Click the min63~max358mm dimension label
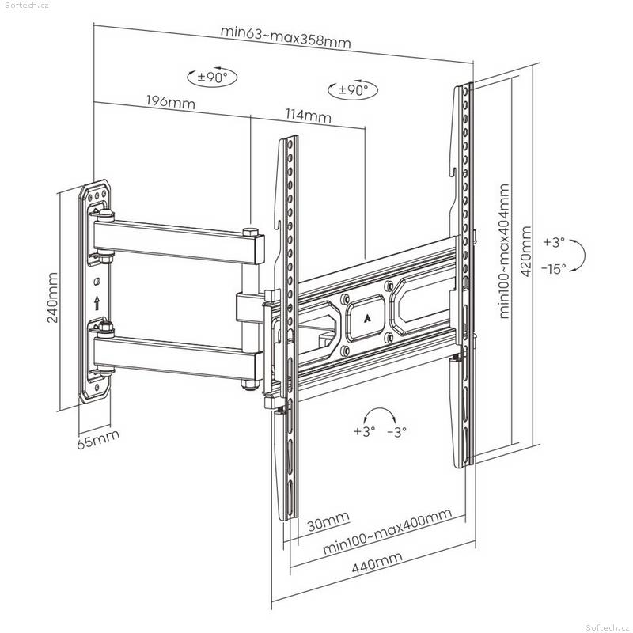click(286, 37)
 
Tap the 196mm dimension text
click(170, 102)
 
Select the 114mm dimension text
click(309, 116)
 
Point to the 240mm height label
click(52, 298)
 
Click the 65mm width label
click(98, 439)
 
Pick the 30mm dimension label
click(328, 521)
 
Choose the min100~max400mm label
click(387, 531)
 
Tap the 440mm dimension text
click(377, 563)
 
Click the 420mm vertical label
click(526, 251)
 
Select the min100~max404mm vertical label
click(504, 251)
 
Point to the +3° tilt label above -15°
click(553, 242)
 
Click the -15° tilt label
click(554, 268)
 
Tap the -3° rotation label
click(396, 432)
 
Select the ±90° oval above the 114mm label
click(353, 89)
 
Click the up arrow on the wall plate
click(97, 303)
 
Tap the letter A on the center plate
click(367, 319)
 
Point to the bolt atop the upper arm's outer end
click(250, 232)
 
